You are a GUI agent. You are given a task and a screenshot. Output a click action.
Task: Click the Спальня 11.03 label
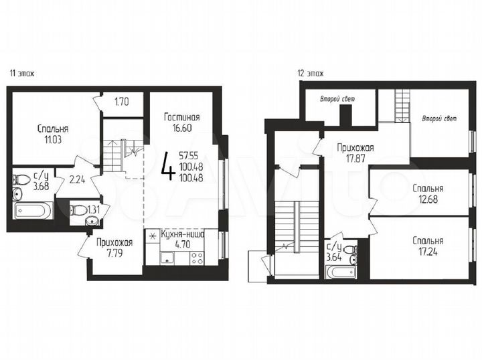click(x=52, y=134)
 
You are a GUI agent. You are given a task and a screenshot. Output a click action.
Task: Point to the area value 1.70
click(x=122, y=102)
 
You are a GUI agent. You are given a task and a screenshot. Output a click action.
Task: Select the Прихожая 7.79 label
click(x=114, y=248)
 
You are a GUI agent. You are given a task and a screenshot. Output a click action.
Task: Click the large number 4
click(x=168, y=166)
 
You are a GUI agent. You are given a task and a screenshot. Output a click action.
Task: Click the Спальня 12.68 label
click(x=428, y=193)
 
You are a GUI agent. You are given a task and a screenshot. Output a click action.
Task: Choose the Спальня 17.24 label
click(x=428, y=246)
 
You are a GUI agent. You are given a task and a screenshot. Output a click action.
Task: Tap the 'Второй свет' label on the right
click(x=439, y=119)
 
